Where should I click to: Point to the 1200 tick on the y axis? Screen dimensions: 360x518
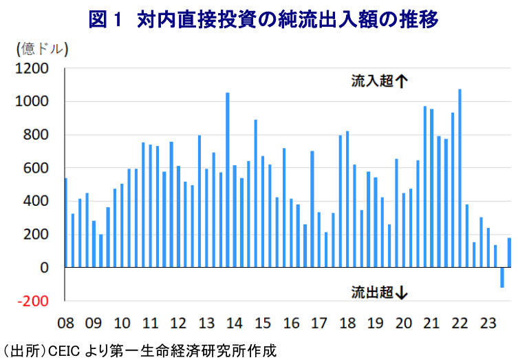point(34,69)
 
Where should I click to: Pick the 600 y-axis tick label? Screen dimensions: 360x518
point(37,168)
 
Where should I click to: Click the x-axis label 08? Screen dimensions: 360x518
point(65,324)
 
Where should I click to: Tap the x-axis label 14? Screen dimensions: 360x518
point(234,324)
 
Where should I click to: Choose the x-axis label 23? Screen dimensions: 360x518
point(487,324)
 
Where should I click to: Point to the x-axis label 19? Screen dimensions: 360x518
point(375,324)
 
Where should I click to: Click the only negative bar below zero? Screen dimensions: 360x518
point(502,277)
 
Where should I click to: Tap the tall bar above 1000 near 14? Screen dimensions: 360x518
point(228,180)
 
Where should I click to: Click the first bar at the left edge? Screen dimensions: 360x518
point(65,222)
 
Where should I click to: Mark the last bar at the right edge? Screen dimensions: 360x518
point(509,252)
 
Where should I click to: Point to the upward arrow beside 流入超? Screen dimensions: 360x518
point(402,81)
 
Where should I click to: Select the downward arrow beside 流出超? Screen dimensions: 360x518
point(402,293)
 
